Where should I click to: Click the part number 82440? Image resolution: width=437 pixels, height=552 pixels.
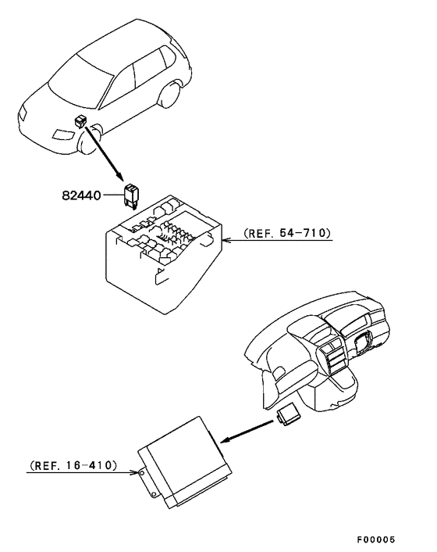(x=82, y=193)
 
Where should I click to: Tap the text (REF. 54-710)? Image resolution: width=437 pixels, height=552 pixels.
(x=286, y=233)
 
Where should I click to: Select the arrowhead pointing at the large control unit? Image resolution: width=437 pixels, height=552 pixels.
(x=223, y=443)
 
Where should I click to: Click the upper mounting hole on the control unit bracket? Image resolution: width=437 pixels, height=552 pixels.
(x=141, y=472)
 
